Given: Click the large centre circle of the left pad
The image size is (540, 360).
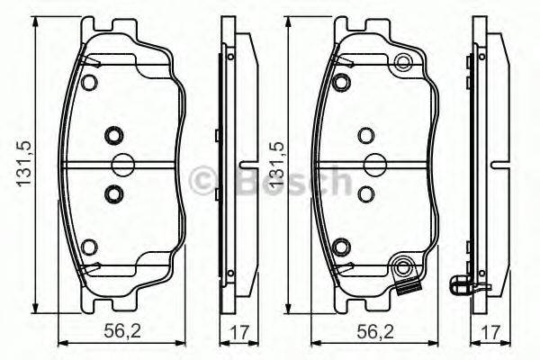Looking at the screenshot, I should [121, 164].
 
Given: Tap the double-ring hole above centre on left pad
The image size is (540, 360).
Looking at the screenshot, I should [113, 136].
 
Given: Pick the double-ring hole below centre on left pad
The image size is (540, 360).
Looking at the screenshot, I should [113, 192].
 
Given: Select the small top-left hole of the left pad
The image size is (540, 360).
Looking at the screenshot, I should [88, 83].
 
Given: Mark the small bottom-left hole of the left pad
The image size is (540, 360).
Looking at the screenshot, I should [88, 247].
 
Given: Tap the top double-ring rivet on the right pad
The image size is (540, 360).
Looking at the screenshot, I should [403, 63].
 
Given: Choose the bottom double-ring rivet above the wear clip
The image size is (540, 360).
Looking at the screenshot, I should [403, 266].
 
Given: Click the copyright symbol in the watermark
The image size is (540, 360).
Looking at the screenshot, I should [205, 182].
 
